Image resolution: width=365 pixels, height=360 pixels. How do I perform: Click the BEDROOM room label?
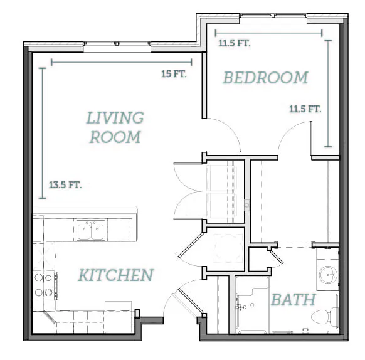click(266, 78)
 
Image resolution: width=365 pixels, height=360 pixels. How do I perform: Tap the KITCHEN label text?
click(116, 275)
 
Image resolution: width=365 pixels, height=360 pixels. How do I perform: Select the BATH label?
click(294, 299)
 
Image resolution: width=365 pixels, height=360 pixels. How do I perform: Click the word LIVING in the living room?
click(115, 117)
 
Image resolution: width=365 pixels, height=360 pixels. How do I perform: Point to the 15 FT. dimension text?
click(174, 74)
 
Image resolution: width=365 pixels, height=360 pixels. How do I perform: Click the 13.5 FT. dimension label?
click(65, 185)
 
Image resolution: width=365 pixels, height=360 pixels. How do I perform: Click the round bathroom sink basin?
click(328, 275)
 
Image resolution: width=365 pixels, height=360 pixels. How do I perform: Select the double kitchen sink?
click(91, 230)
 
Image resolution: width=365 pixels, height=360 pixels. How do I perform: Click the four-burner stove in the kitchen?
click(45, 286)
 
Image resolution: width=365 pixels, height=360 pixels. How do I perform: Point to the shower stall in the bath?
click(252, 305)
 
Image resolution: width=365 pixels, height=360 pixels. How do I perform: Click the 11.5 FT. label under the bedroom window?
click(235, 43)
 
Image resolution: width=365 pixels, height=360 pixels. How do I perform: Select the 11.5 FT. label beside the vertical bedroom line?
click(305, 109)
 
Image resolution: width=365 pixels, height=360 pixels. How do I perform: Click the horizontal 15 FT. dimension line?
click(122, 62)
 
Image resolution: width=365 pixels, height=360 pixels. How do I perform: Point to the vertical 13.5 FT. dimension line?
click(43, 133)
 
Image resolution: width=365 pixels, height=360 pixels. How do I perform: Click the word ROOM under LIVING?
click(115, 137)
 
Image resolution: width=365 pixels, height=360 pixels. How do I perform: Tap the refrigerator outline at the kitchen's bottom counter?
click(119, 317)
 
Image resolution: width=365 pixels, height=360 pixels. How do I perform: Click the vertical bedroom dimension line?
click(328, 93)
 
